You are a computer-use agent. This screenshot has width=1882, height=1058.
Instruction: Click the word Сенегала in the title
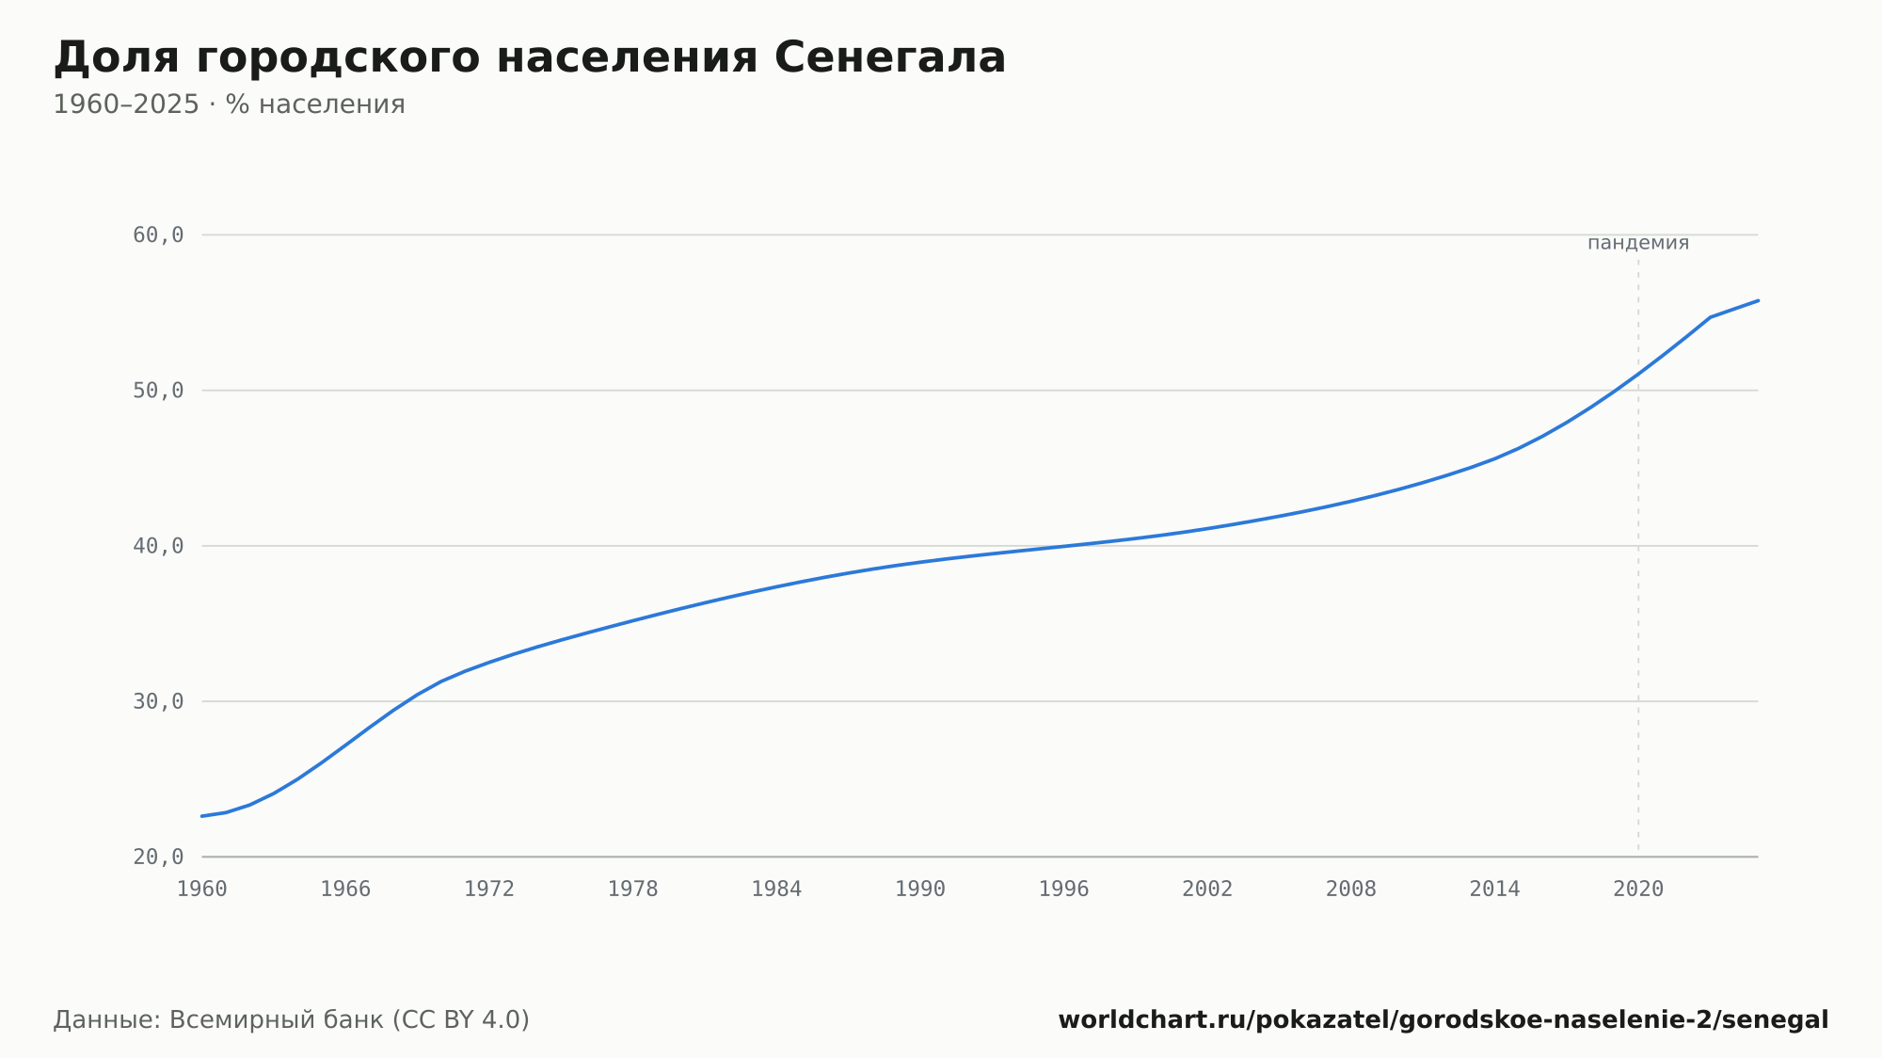[889, 57]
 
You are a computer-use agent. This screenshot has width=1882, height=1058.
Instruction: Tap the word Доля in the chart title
[116, 59]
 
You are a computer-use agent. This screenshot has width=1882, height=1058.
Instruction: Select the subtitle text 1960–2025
[126, 104]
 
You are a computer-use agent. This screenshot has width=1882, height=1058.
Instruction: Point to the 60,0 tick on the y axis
[158, 235]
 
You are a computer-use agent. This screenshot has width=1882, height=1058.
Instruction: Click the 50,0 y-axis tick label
[158, 391]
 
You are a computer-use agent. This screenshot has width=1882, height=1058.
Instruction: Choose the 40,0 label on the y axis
[158, 546]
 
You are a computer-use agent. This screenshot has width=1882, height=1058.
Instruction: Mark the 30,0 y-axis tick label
[158, 701]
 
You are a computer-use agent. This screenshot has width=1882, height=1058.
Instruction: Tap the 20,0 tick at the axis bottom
[158, 857]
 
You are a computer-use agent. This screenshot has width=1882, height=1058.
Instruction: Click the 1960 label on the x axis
[202, 890]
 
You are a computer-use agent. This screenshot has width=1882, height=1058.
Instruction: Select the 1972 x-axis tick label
[489, 890]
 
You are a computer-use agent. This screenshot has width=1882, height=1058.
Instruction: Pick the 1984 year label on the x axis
[776, 890]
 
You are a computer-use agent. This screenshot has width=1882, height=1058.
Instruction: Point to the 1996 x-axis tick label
[1063, 890]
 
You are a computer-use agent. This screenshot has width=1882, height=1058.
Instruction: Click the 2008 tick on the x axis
[1351, 890]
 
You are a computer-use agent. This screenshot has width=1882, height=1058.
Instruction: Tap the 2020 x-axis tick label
[1638, 890]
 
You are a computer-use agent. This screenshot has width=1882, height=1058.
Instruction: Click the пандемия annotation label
[1638, 243]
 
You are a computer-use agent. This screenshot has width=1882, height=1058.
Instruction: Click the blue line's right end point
[1758, 300]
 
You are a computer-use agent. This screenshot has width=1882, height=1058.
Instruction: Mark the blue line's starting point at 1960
[202, 816]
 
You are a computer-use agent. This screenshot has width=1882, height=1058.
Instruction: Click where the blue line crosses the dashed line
[1638, 374]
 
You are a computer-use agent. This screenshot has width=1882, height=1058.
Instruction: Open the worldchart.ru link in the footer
[1443, 1020]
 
